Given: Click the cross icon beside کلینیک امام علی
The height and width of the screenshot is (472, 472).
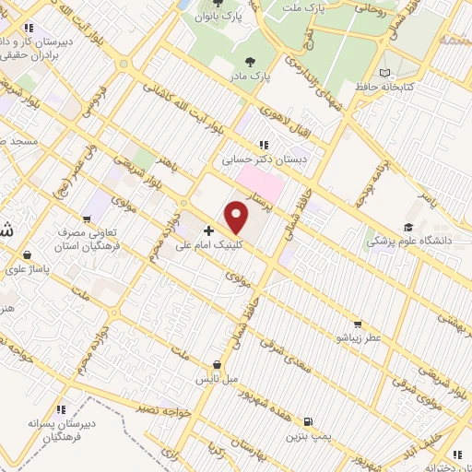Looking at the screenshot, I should coord(209,230).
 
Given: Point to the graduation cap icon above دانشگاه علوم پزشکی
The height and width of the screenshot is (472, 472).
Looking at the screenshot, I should coord(407,226).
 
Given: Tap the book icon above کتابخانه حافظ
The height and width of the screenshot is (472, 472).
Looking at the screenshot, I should coord(385,73).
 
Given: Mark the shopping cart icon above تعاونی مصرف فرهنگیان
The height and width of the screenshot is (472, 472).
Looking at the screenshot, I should coord(86,219).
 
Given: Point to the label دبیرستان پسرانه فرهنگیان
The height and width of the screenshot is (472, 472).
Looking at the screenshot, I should coord(61,428).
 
